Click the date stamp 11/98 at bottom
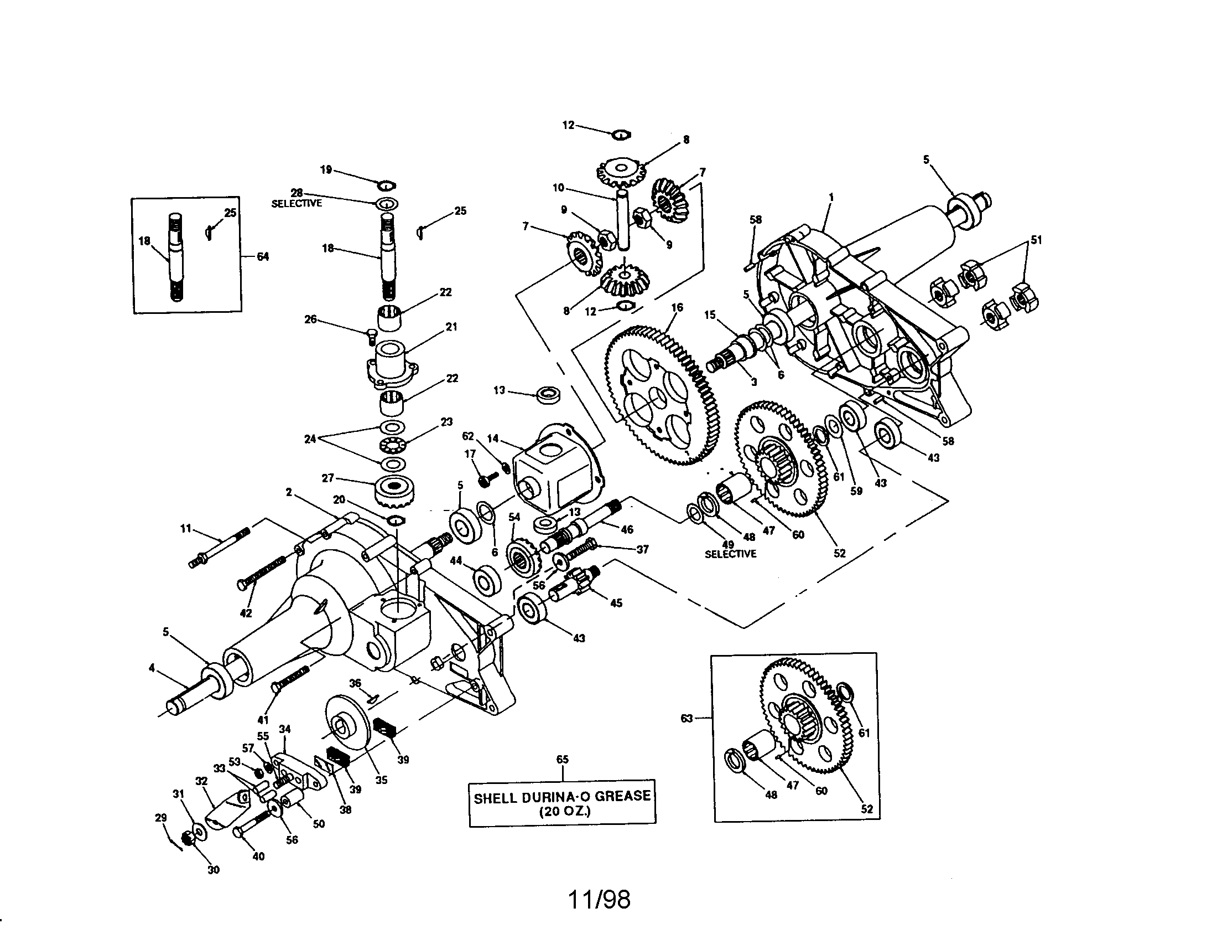pos(599,899)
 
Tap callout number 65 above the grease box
pos(562,759)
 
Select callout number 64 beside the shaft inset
pos(262,256)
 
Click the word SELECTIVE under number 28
pos(297,204)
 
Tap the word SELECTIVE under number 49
pos(731,554)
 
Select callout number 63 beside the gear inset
pos(686,719)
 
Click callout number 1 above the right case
pos(831,197)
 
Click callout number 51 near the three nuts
pos(1036,240)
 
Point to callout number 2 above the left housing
pos(289,492)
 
